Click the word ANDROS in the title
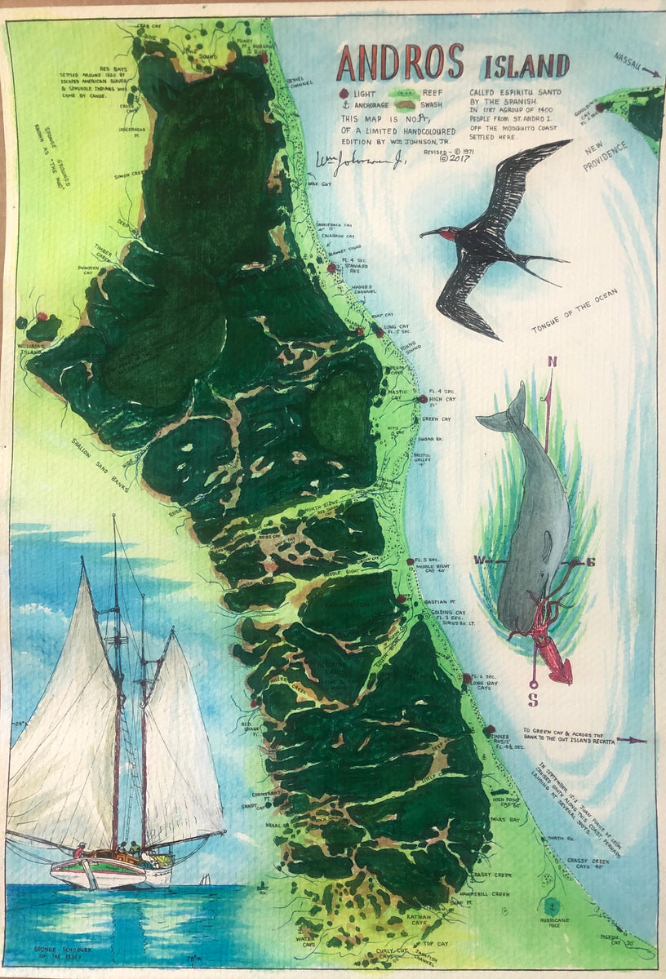tap(401, 63)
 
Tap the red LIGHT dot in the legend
tap(344, 94)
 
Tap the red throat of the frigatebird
tap(450, 237)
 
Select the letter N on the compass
tap(552, 362)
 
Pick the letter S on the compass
tap(533, 699)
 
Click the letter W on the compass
tap(479, 560)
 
